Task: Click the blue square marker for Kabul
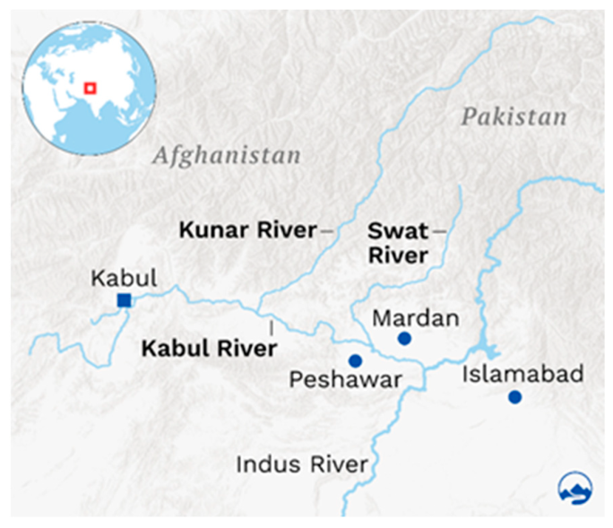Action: pyautogui.click(x=125, y=300)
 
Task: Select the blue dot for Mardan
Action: pyautogui.click(x=404, y=338)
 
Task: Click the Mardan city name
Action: pyautogui.click(x=415, y=317)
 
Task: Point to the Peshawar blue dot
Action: pyautogui.click(x=355, y=361)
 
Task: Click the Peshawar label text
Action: pyautogui.click(x=345, y=380)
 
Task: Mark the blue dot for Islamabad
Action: pyautogui.click(x=514, y=397)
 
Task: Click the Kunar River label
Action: pyautogui.click(x=247, y=230)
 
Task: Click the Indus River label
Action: pyautogui.click(x=302, y=464)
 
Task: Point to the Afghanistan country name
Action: pyautogui.click(x=226, y=156)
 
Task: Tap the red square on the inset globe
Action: pyautogui.click(x=89, y=87)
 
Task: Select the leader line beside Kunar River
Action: pyautogui.click(x=327, y=231)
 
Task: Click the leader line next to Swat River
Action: pyautogui.click(x=439, y=231)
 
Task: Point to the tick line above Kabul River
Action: pyautogui.click(x=271, y=327)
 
